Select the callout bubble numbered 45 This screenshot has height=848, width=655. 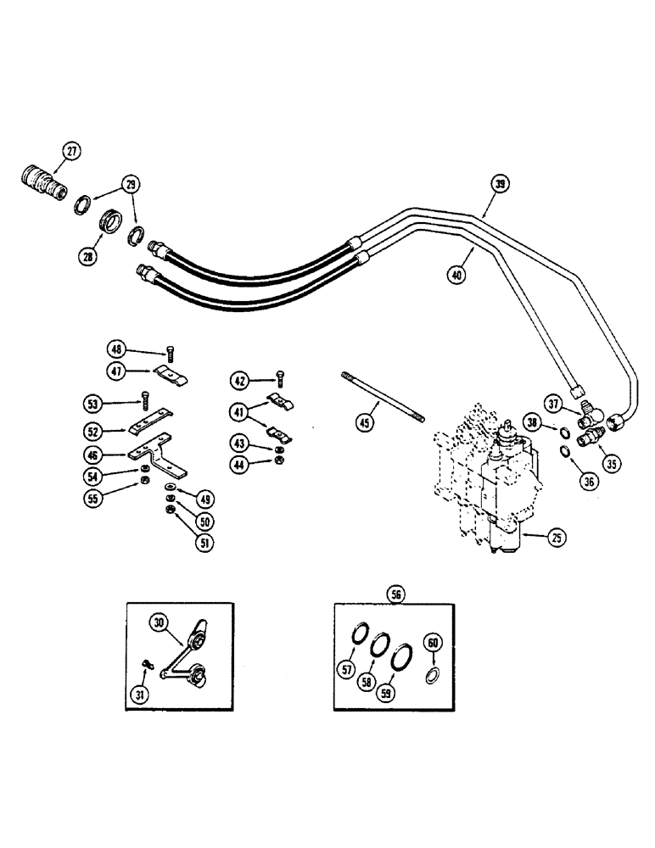pyautogui.click(x=365, y=421)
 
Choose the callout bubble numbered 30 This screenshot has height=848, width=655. pyautogui.click(x=160, y=622)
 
